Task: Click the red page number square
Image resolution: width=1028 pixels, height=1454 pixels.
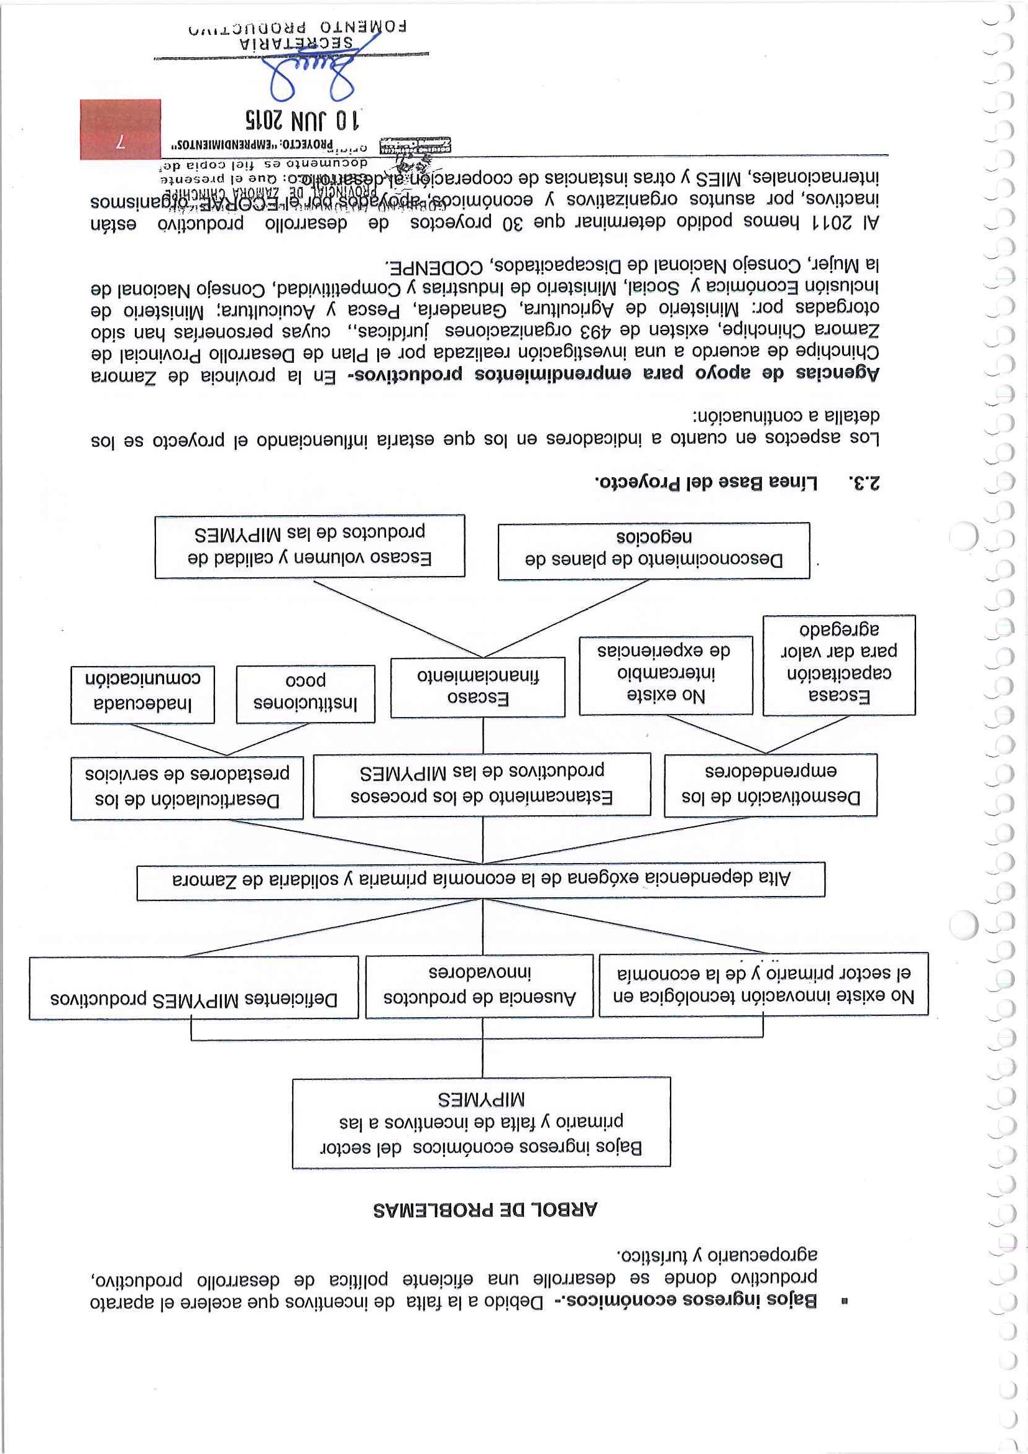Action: [x=121, y=129]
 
